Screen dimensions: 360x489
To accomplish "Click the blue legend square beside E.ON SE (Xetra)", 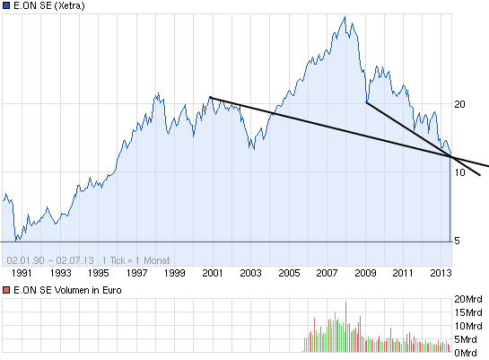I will pyautogui.click(x=6, y=6).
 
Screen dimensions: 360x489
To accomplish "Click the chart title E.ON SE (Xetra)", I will pyautogui.click(x=51, y=6).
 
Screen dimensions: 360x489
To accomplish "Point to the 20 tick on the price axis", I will pyautogui.click(x=459, y=104).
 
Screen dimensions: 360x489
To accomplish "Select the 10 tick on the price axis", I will pyautogui.click(x=459, y=172).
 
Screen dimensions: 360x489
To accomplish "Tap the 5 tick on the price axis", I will pyautogui.click(x=457, y=241).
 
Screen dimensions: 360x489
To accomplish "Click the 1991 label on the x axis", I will pyautogui.click(x=22, y=272).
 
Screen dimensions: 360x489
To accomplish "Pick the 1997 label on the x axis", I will pyautogui.click(x=136, y=272).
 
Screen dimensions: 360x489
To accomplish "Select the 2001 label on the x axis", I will pyautogui.click(x=213, y=272).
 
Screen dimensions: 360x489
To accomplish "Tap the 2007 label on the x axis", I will pyautogui.click(x=327, y=272).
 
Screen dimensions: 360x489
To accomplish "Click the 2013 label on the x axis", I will pyautogui.click(x=441, y=272).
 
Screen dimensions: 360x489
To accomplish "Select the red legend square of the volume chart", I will pyautogui.click(x=6, y=291).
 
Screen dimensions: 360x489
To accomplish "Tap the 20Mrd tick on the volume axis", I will pyautogui.click(x=469, y=299).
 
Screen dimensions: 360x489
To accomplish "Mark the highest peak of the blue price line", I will pyautogui.click(x=344, y=16).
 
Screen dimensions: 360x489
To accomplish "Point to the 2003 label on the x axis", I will pyautogui.click(x=250, y=272).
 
